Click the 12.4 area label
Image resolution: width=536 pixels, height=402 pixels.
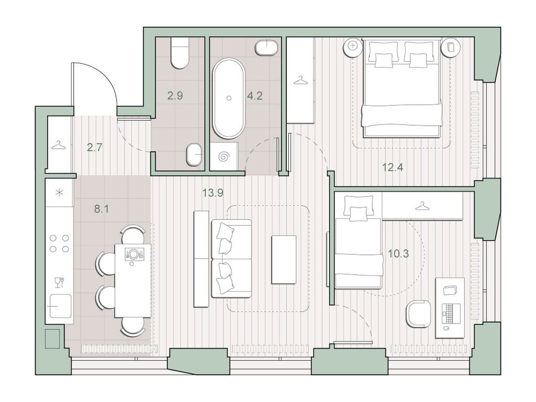pos(393,167)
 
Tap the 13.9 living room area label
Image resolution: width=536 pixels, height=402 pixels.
pos(213,193)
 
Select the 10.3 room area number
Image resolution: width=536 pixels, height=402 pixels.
pos(398,254)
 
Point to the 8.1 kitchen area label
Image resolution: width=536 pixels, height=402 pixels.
pos(102,208)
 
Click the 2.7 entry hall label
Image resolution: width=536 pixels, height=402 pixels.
pos(94,147)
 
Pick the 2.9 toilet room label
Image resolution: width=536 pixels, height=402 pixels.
pos(175,95)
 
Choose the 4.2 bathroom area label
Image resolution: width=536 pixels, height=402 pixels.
pos(255,95)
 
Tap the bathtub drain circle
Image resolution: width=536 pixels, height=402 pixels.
pos(229,98)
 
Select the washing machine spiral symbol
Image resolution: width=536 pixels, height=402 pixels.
pos(224,157)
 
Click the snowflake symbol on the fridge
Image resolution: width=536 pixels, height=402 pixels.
pos(60,193)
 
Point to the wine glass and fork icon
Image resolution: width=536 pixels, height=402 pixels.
pos(59,282)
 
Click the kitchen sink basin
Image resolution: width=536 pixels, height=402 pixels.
pos(61,306)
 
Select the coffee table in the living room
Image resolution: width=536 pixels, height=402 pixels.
pos(284,260)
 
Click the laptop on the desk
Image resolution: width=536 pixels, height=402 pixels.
pos(449,314)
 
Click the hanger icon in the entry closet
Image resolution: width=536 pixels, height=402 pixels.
pos(59,146)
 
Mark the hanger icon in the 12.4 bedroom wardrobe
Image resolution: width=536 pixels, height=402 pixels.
pos(300,80)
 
